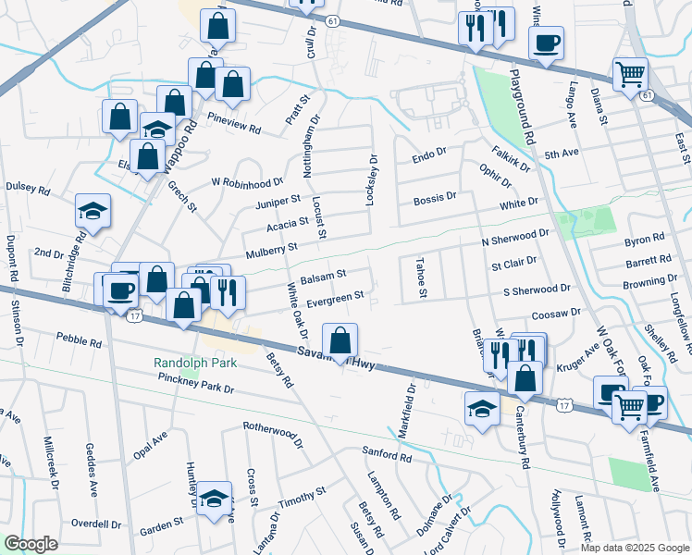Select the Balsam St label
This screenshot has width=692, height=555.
[x=325, y=275]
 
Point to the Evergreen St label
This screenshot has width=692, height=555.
[x=335, y=298]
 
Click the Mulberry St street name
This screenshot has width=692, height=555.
[x=270, y=248]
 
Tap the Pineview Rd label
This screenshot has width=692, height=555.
[x=234, y=118]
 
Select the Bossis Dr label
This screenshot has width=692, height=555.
[x=435, y=197]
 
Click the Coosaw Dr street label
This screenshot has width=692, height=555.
[x=555, y=313]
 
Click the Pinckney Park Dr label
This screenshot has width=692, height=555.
[x=196, y=379]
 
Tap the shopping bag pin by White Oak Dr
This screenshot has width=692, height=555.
[x=340, y=340]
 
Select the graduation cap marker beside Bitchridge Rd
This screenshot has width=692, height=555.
[x=93, y=212]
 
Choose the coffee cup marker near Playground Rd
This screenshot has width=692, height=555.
[x=546, y=42]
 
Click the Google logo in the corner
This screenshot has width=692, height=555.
[x=31, y=544]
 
